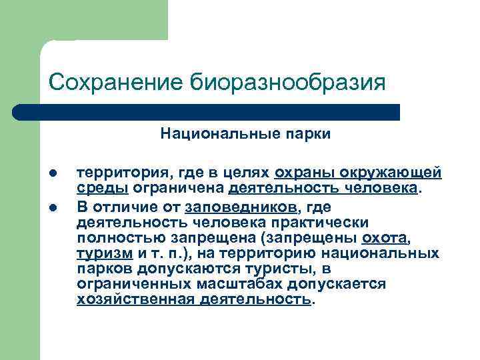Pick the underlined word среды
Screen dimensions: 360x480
click(97, 189)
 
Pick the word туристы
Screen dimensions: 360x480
click(283, 269)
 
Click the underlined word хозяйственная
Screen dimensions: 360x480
click(135, 300)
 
